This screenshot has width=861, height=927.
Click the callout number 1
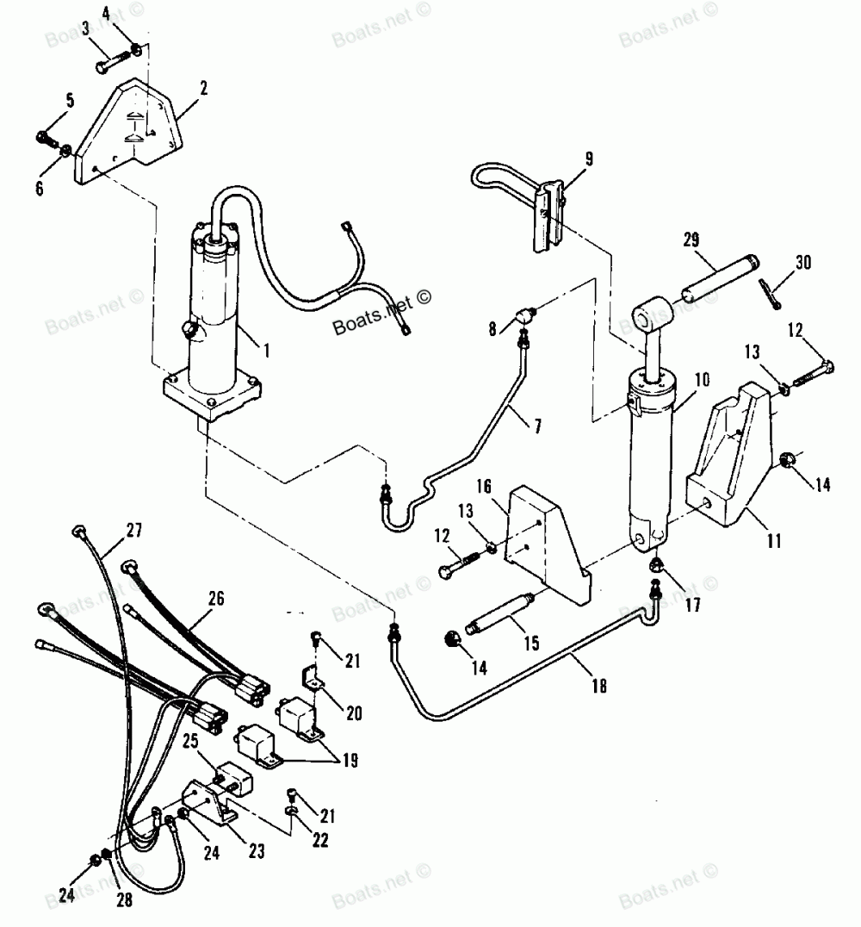[266, 349]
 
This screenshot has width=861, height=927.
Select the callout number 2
[203, 87]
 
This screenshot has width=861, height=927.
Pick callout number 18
[599, 686]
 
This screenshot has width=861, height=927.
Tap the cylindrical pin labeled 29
[719, 277]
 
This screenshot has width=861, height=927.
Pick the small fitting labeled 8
[525, 318]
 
